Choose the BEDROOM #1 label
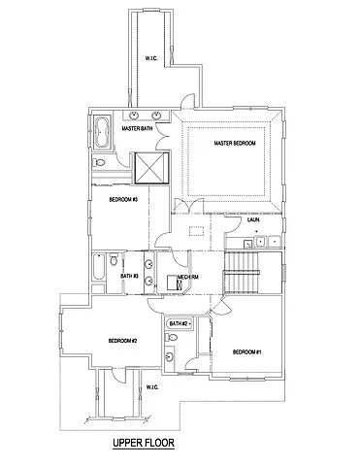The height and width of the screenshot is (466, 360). [x=246, y=351]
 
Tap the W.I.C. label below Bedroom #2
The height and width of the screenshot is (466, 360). [x=152, y=387]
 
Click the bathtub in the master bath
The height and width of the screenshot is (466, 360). [x=103, y=129]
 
